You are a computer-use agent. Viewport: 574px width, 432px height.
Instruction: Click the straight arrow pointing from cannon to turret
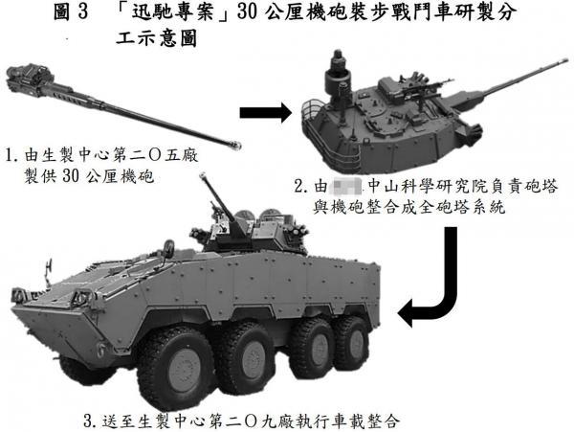pos(261,113)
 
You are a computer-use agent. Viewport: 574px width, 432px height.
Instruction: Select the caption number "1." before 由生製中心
pos(12,154)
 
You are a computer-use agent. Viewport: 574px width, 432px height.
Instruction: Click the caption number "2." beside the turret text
pos(301,186)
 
